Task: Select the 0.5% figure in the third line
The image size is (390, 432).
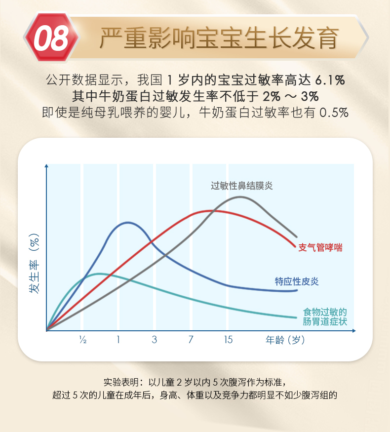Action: (335, 112)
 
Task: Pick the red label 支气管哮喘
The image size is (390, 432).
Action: (320, 247)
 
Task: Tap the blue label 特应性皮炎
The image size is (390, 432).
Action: (297, 281)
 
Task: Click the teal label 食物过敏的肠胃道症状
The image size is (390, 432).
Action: (325, 317)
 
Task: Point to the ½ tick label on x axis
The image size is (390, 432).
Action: (83, 340)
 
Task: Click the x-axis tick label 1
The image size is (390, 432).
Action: (118, 340)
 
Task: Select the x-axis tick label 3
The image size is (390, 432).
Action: (155, 340)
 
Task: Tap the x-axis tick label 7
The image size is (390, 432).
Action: (191, 340)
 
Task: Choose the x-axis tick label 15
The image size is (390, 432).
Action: (228, 340)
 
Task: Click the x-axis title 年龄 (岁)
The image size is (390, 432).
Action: (285, 340)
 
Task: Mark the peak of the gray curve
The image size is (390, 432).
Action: (240, 197)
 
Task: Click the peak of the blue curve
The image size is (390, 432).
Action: (128, 223)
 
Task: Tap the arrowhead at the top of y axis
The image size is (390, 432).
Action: (46, 165)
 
